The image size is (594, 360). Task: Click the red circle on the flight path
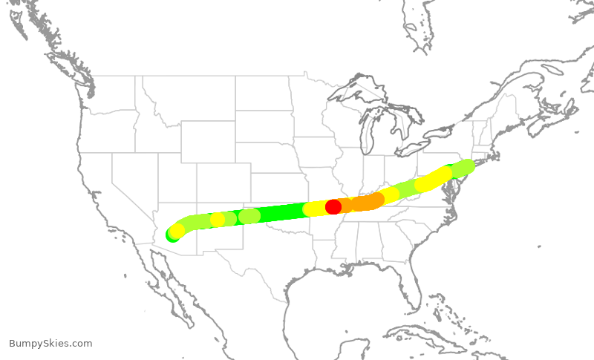pos(333,207)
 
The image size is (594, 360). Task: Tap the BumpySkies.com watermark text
pos(50,343)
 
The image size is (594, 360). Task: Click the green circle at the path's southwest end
pos(173,235)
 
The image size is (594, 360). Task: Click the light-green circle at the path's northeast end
pos(466,166)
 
